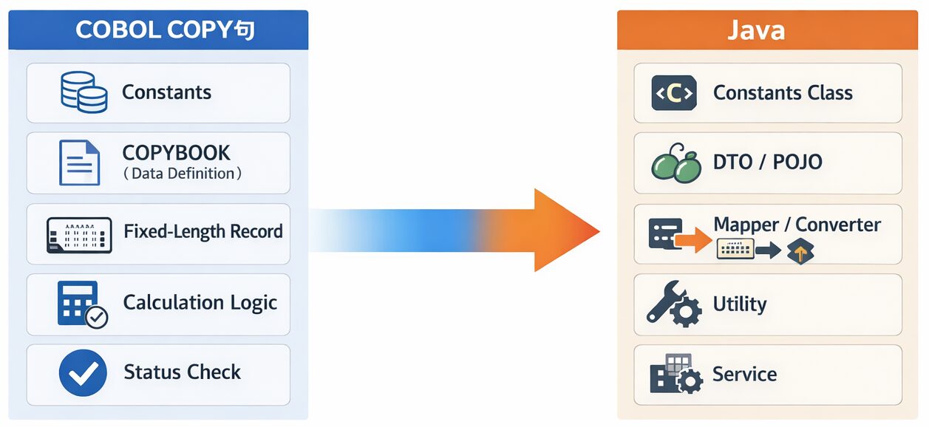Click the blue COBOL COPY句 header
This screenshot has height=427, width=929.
(x=158, y=30)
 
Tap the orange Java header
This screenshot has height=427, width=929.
(x=766, y=30)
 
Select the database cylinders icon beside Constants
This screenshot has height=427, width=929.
(x=83, y=92)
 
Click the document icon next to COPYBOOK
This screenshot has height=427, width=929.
(x=79, y=163)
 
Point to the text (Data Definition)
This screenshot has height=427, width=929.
(x=182, y=174)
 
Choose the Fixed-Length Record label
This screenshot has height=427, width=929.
(x=203, y=232)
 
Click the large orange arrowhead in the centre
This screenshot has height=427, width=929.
(x=562, y=230)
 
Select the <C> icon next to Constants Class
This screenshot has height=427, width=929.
(x=673, y=93)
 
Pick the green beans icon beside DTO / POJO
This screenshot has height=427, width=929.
(x=676, y=163)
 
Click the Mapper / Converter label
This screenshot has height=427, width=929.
(x=797, y=225)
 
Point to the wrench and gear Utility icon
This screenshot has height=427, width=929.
(x=673, y=304)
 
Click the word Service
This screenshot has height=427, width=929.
(x=744, y=375)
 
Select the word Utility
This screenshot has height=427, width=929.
(x=739, y=304)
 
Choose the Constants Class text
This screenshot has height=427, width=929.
(x=783, y=93)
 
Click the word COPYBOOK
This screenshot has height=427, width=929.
(x=176, y=153)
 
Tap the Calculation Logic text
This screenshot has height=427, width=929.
(x=200, y=303)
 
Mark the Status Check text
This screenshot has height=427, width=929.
(x=182, y=372)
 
